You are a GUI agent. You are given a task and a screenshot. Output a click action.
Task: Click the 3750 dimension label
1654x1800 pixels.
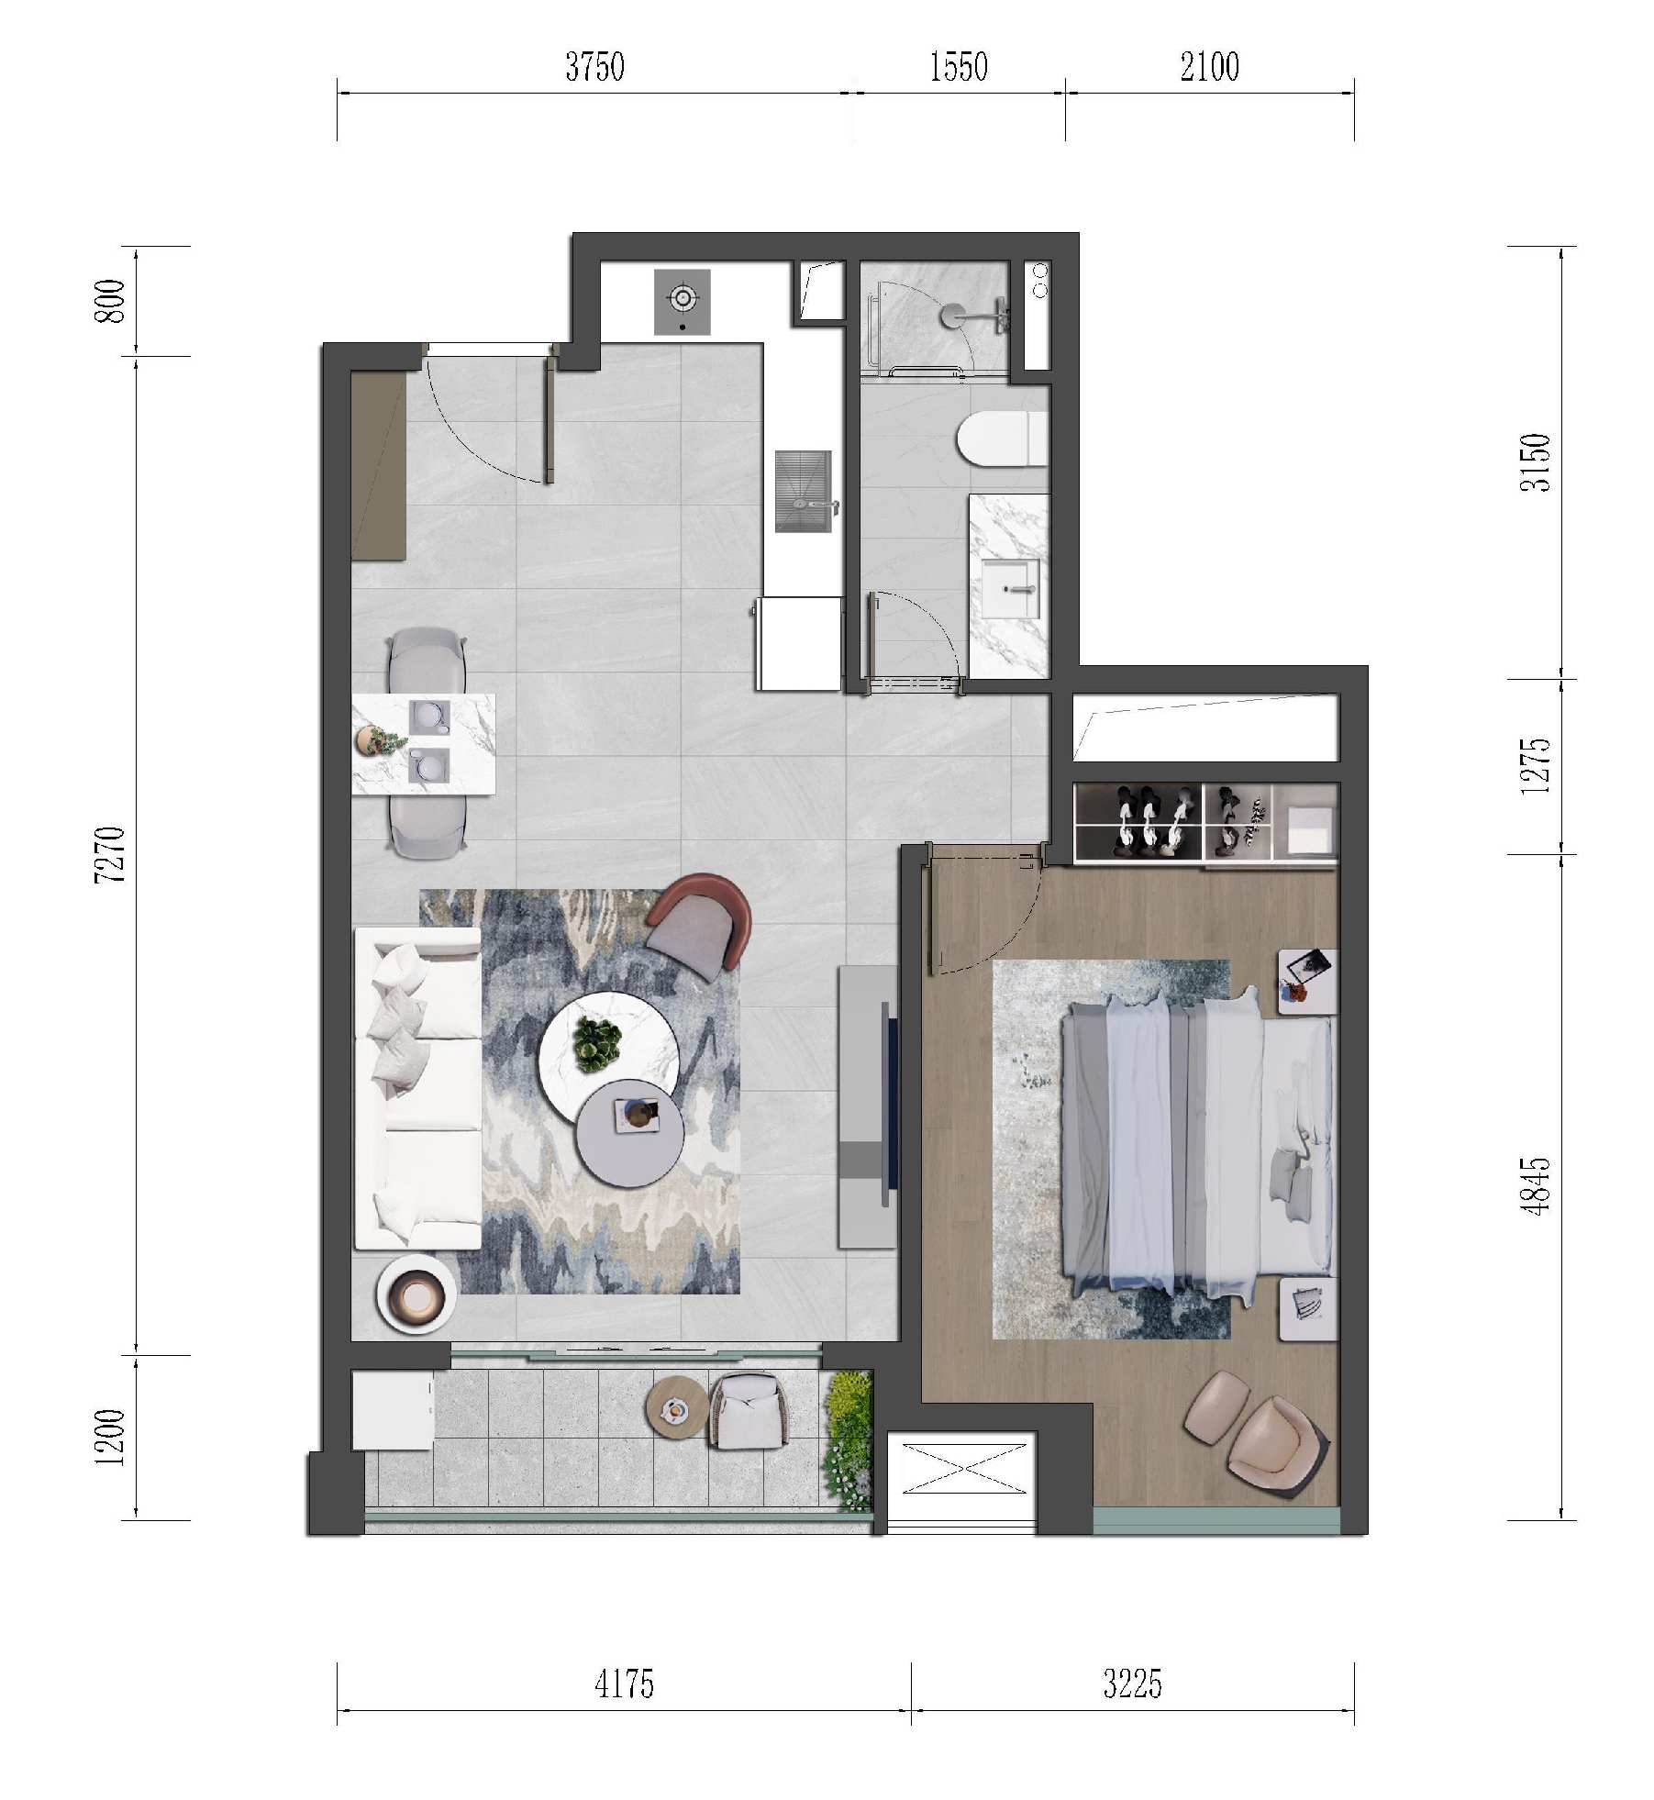[x=594, y=67]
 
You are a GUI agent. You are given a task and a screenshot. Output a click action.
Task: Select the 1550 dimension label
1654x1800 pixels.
[x=959, y=67]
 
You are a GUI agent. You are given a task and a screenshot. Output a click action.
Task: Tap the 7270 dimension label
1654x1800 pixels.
[x=110, y=854]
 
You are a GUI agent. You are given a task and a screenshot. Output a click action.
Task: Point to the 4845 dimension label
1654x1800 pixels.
[x=1535, y=1186]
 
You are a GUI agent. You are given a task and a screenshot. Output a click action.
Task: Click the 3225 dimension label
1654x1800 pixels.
[x=1132, y=1684]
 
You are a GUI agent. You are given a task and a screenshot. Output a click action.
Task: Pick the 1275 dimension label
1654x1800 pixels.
[x=1535, y=766]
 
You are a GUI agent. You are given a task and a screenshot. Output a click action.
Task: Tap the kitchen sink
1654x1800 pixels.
[x=804, y=491]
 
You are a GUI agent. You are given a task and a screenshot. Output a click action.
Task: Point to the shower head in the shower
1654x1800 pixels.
[x=954, y=315]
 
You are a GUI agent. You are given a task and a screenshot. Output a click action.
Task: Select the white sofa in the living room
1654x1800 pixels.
[x=418, y=1088]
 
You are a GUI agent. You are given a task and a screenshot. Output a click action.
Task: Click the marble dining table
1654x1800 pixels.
[x=424, y=744]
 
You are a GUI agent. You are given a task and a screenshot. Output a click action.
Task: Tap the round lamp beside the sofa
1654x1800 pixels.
[x=416, y=1294]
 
